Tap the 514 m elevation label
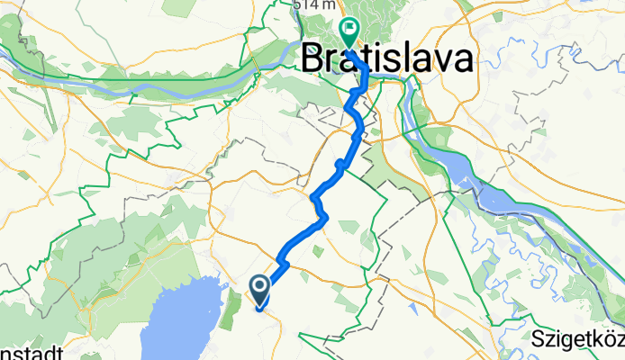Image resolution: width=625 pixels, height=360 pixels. click(308, 5)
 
